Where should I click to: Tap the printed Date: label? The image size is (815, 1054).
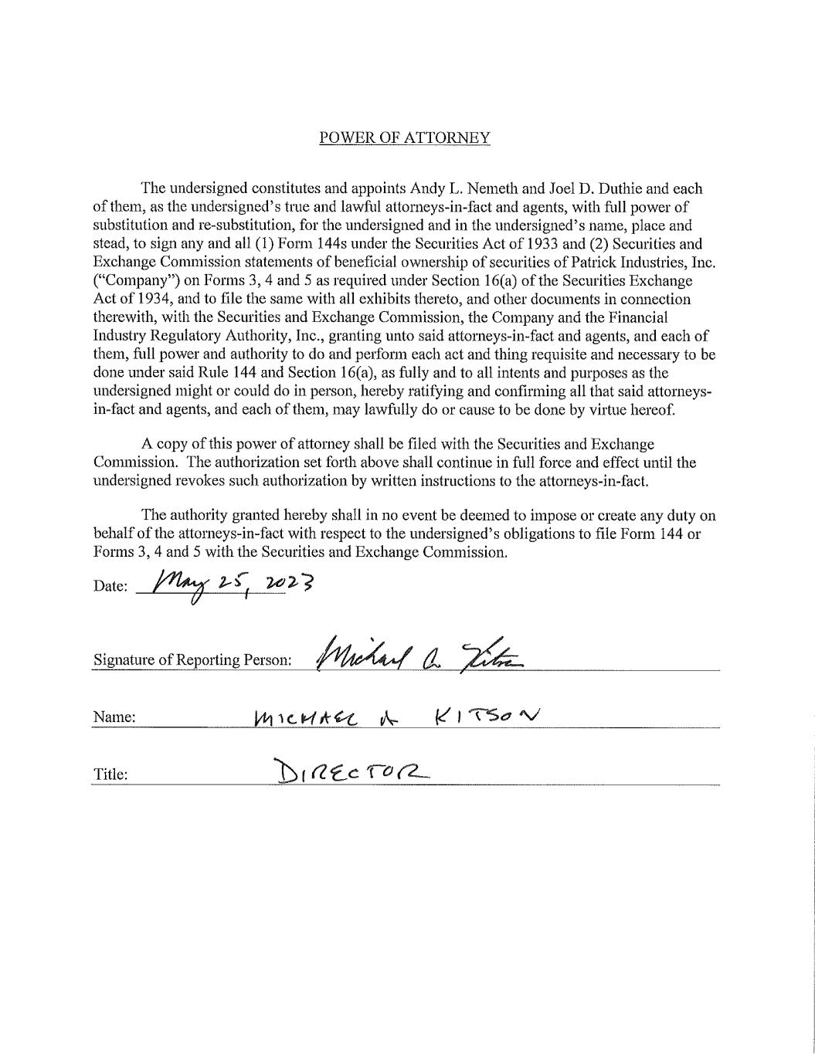click(110, 586)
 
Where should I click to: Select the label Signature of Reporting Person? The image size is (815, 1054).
click(192, 660)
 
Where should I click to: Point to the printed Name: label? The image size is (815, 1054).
click(114, 717)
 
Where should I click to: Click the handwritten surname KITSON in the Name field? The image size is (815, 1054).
click(487, 717)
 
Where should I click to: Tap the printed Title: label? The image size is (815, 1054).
click(110, 774)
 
